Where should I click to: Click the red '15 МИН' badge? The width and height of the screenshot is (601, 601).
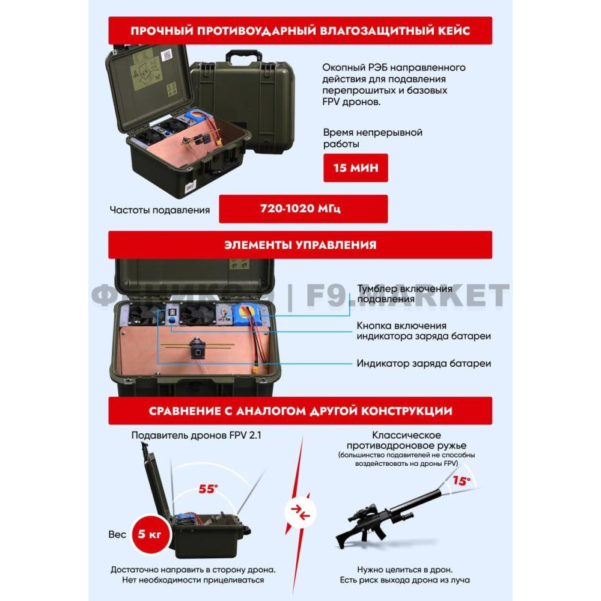(x=355, y=168)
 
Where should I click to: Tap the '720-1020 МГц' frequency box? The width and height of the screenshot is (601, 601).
(x=303, y=209)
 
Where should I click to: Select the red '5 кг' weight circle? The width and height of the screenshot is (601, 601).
(x=150, y=534)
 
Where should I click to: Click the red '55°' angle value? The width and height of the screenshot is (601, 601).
(x=208, y=489)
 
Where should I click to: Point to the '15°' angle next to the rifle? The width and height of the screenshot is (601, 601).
(x=462, y=481)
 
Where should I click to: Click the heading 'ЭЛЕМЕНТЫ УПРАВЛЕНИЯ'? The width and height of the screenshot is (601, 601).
(x=300, y=245)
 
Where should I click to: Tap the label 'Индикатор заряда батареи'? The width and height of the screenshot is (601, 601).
(x=424, y=364)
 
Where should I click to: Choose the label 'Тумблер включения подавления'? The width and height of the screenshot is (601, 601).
(x=404, y=294)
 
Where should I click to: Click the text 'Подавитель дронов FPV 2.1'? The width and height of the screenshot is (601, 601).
(x=197, y=435)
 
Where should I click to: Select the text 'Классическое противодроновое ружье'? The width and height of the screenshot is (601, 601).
(x=406, y=441)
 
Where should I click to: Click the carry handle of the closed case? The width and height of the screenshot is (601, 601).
(x=243, y=56)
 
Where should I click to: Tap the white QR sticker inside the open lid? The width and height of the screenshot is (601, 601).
(x=166, y=55)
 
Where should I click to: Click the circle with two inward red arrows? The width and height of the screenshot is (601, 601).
(x=300, y=512)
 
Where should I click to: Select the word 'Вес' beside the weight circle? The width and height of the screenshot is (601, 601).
(x=117, y=534)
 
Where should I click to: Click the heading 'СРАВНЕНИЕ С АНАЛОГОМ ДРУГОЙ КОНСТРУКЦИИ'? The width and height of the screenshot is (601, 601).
(x=300, y=411)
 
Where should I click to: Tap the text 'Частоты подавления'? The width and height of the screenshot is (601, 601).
(x=159, y=210)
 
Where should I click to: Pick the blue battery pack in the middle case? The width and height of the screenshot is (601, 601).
(x=246, y=314)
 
